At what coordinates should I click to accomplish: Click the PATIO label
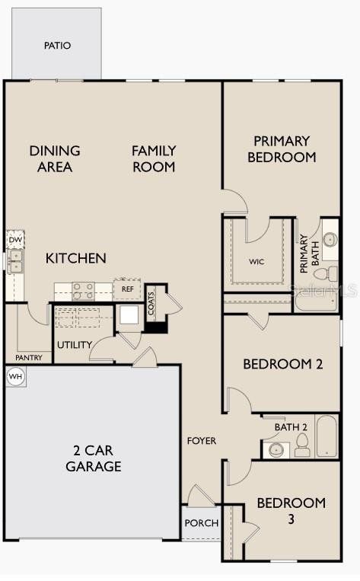click(57, 46)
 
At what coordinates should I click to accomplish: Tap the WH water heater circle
click(14, 376)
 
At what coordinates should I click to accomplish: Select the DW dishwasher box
click(15, 240)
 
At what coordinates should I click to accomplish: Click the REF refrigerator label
click(128, 289)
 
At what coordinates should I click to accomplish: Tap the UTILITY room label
click(75, 346)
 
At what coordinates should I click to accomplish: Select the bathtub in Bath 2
click(327, 436)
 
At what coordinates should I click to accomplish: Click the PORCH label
click(202, 523)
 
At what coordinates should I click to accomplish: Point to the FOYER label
click(202, 441)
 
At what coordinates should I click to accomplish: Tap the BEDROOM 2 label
click(283, 364)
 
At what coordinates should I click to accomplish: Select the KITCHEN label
click(76, 258)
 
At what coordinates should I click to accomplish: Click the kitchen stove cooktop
click(83, 290)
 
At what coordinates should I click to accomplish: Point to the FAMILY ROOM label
click(154, 158)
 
